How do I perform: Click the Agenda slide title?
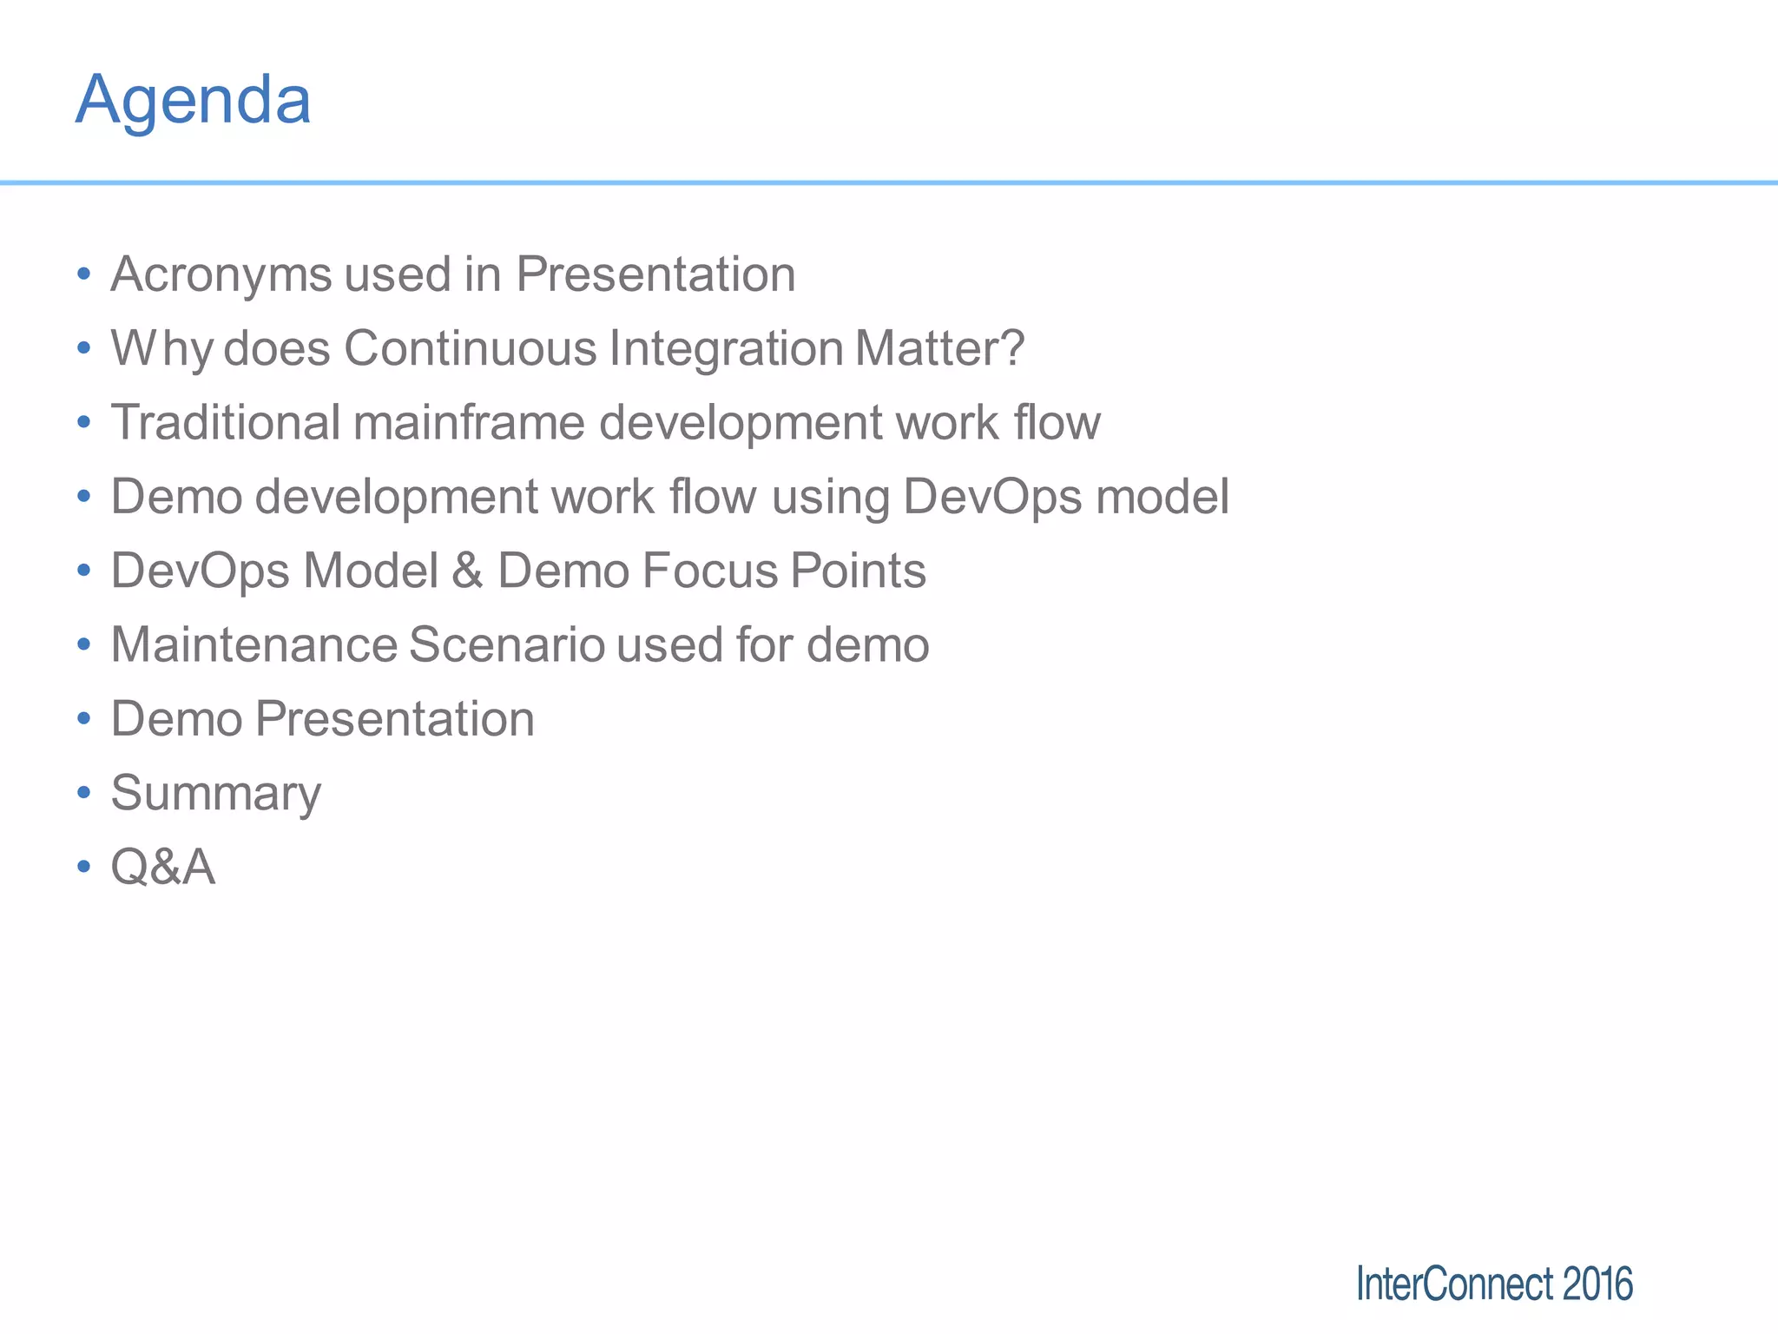pos(193,101)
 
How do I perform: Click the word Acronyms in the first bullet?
pos(221,275)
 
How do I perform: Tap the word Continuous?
pos(470,349)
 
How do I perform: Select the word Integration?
pos(726,349)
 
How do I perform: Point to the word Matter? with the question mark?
pos(939,349)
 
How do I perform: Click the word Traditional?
pos(226,423)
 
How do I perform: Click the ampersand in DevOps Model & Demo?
pos(467,571)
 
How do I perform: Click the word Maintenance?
pos(254,645)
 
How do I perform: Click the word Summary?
pos(215,794)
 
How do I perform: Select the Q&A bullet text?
pos(162,868)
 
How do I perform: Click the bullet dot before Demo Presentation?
pos(83,719)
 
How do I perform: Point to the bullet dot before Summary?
pos(83,793)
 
